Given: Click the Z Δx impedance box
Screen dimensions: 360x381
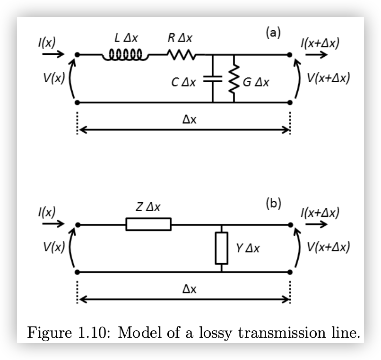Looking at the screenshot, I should [x=148, y=224].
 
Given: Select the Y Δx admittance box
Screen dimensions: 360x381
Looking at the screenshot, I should [x=221, y=248].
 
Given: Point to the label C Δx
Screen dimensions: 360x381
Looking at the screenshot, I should [x=184, y=82].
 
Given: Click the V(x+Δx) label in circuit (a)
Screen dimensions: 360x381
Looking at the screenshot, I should [x=329, y=77].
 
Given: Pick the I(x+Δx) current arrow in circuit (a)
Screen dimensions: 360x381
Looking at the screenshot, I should [x=316, y=55].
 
